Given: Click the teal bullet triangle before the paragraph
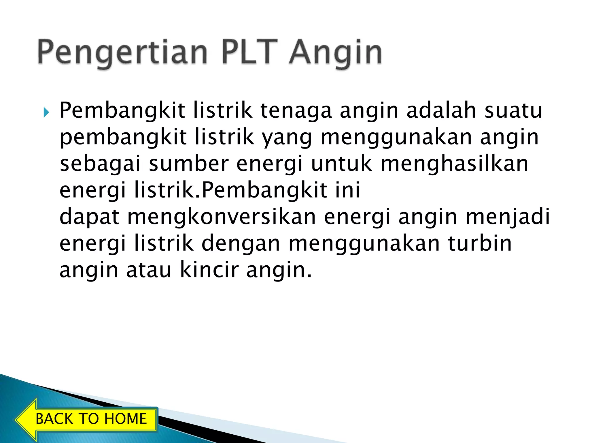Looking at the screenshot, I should click(46, 112).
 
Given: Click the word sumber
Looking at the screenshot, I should click(189, 164).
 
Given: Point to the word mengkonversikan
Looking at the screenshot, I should click(222, 217).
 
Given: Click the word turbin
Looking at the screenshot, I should click(480, 243).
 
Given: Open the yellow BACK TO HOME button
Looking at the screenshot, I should click(91, 419).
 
